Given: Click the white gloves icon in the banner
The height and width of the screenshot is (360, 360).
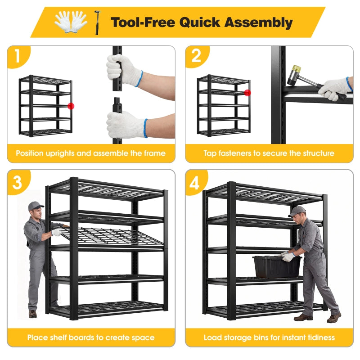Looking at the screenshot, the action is [x=71, y=22].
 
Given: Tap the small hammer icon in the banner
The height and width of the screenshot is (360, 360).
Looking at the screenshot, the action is [x=97, y=22].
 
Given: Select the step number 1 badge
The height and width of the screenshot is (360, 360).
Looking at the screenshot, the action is [x=18, y=56].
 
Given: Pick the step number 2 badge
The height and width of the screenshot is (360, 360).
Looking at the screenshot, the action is [x=197, y=56].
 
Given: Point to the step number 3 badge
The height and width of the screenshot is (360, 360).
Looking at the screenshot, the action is [x=18, y=182].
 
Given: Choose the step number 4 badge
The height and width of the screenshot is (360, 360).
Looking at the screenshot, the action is [x=196, y=183].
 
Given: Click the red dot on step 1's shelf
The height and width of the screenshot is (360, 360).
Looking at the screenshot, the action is [x=71, y=106].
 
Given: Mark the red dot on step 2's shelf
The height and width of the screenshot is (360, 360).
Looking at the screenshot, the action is [x=247, y=93].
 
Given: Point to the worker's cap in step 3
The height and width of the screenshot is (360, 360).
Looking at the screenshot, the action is [x=36, y=206].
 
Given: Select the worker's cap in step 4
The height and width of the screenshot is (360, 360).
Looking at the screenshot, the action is [x=297, y=211].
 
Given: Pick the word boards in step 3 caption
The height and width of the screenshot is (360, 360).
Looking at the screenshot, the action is [x=81, y=337].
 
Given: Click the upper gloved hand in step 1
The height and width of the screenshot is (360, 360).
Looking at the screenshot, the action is [x=124, y=70].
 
